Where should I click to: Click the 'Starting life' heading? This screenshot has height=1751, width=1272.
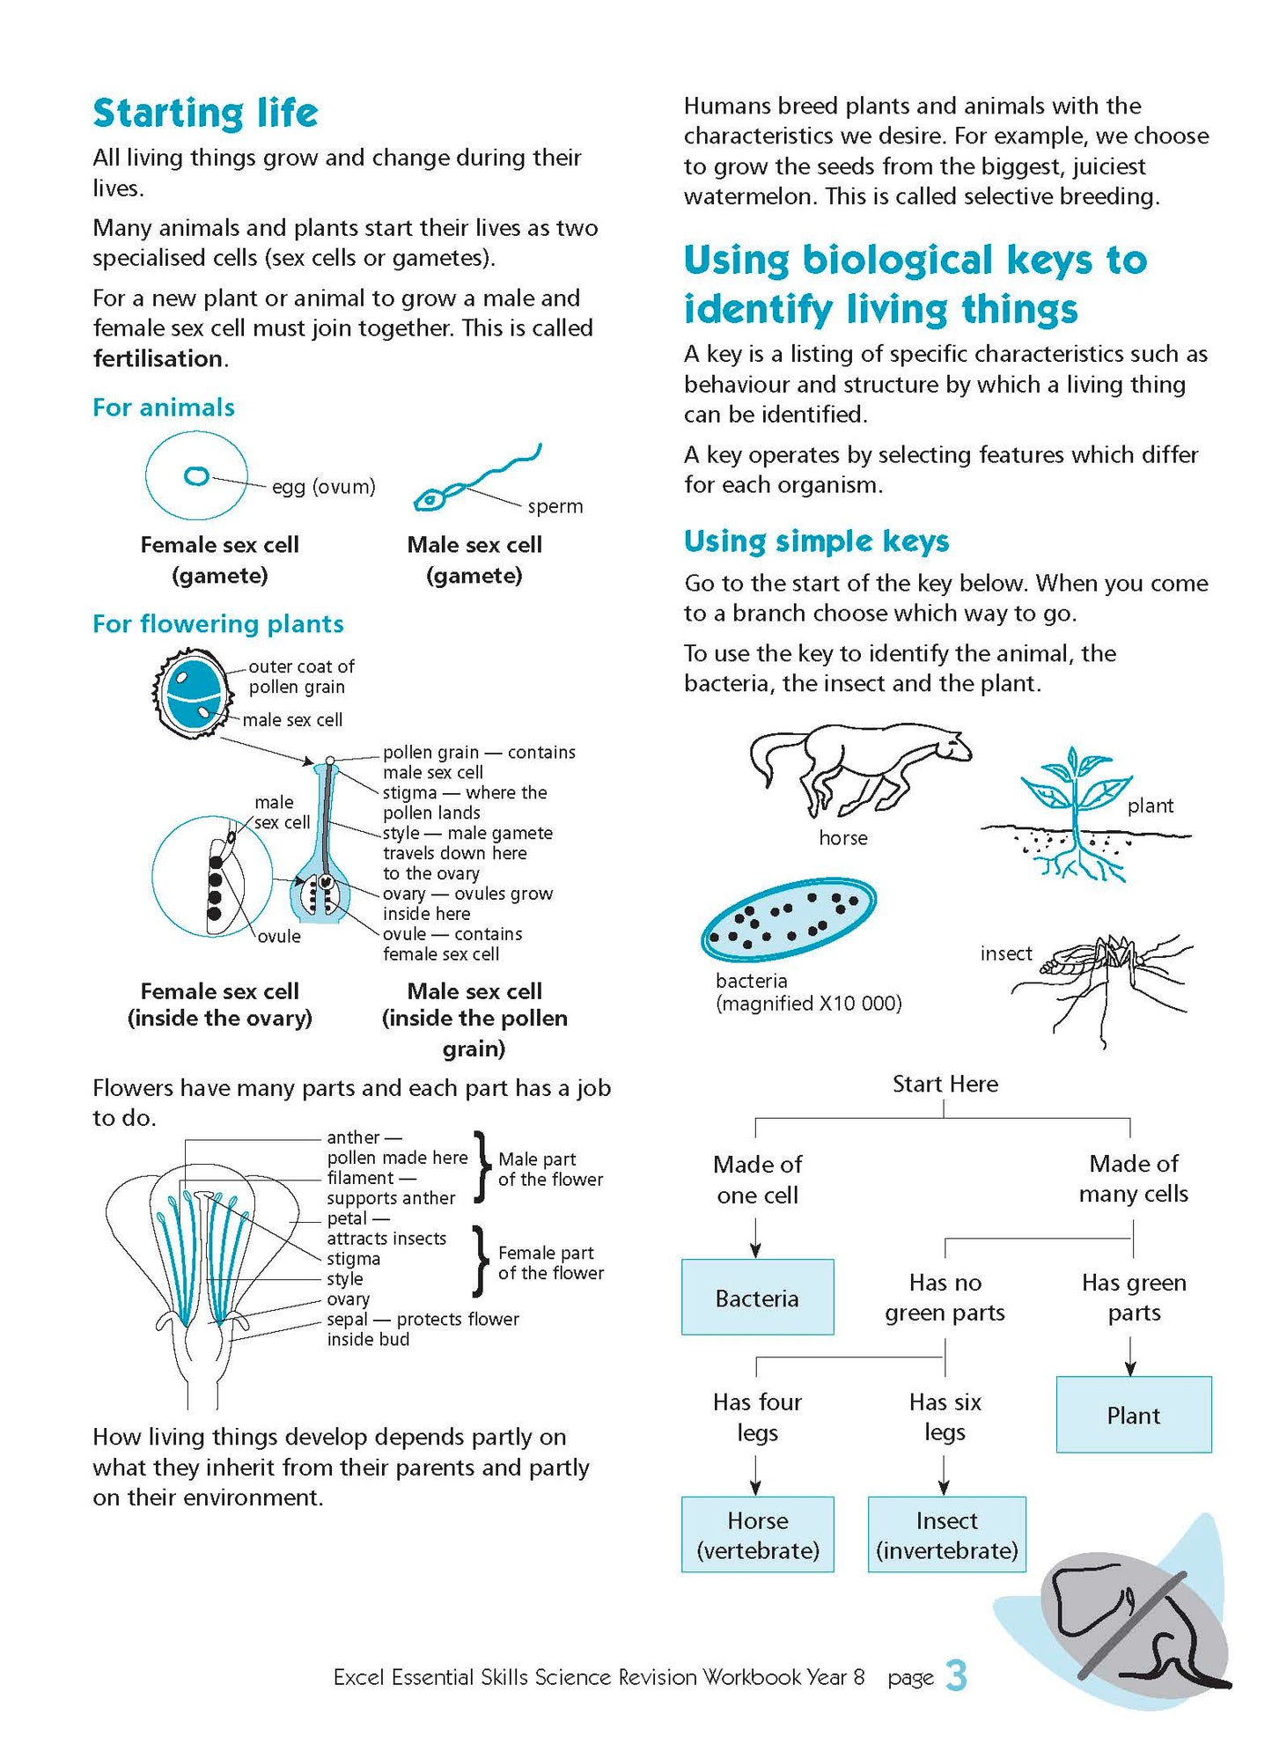pos(205,114)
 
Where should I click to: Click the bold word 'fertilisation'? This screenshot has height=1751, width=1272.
pos(158,359)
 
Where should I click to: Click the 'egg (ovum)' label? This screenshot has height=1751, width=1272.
pos(323,487)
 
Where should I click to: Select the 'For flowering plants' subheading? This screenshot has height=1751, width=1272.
pos(217,624)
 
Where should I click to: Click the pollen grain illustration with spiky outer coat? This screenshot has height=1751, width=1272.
pos(194,693)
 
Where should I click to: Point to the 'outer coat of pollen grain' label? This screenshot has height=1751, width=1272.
pos(300,677)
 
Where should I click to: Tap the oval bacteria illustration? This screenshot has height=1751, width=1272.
pos(788,919)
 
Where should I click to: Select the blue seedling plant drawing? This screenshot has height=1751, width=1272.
pos(1074,814)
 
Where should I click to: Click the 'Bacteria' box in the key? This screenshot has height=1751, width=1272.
pos(757,1298)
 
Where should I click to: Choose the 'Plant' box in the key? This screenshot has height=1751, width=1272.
pos(1133,1415)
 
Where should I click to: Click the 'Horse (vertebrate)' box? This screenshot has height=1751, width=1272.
pos(757,1534)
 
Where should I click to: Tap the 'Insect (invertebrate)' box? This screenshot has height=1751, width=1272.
pos(946,1534)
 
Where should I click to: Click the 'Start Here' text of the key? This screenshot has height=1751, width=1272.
pos(945,1084)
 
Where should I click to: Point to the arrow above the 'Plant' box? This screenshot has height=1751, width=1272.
pos(1130,1357)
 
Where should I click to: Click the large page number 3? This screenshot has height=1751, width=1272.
pos(956,1675)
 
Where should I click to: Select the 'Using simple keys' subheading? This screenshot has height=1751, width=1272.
pos(816,541)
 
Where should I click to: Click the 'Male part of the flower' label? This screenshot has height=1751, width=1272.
pos(550,1169)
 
